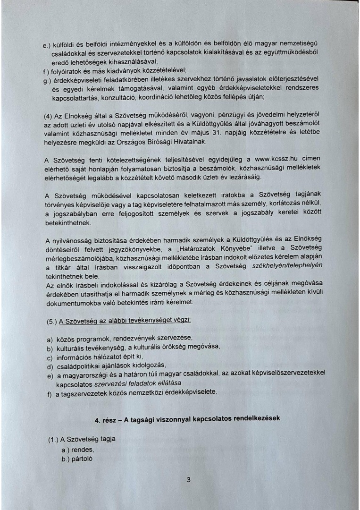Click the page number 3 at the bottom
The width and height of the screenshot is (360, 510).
click(188, 480)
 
